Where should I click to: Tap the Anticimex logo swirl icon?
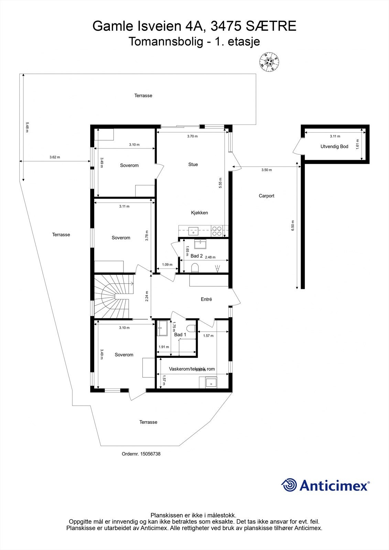click(x=289, y=485)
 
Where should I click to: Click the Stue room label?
click(x=193, y=165)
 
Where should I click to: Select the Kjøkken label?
click(x=199, y=213)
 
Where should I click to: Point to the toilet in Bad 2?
click(x=195, y=268)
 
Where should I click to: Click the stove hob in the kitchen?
click(x=216, y=231)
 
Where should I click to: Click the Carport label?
click(x=267, y=196)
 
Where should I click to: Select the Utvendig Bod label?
click(x=334, y=146)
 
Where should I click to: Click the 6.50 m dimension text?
click(x=293, y=225)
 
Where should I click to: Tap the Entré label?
click(x=206, y=299)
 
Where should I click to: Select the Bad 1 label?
click(x=180, y=335)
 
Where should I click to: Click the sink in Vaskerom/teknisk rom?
click(x=211, y=383)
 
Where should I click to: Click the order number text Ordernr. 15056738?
click(x=141, y=454)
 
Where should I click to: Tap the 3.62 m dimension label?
click(x=55, y=157)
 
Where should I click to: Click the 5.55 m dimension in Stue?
click(x=220, y=182)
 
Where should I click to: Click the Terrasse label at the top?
click(x=143, y=96)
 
